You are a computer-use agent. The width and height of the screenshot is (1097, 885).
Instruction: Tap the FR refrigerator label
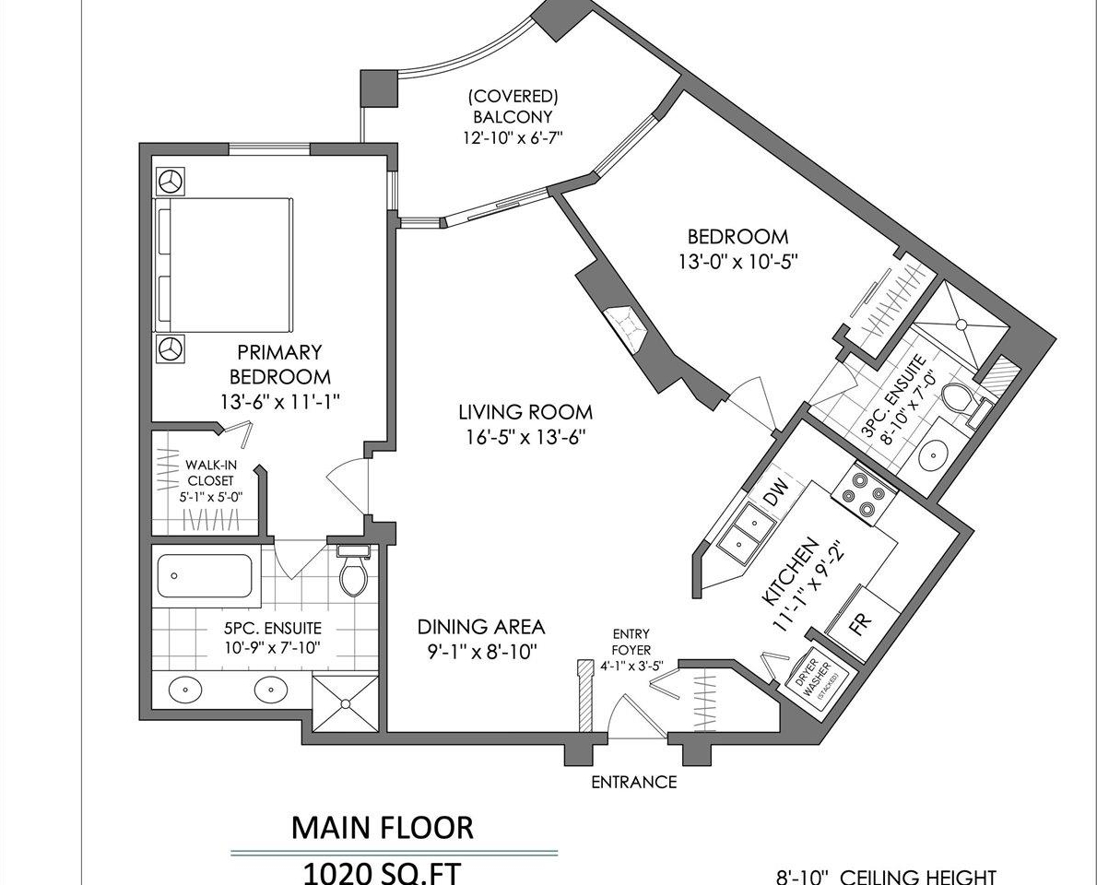click(x=860, y=622)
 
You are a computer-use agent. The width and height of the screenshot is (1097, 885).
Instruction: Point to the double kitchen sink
click(x=744, y=532)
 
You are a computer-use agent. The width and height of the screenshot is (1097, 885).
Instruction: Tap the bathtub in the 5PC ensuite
click(x=205, y=576)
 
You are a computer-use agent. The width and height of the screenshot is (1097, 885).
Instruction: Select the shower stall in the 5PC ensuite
click(x=345, y=703)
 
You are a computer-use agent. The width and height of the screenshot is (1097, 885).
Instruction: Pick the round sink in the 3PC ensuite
click(x=932, y=454)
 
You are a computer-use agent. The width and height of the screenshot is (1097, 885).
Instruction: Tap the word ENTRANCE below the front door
click(x=634, y=782)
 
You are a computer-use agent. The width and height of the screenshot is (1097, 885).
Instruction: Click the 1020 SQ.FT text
click(x=382, y=873)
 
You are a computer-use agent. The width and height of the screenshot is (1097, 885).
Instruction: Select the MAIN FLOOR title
click(x=382, y=828)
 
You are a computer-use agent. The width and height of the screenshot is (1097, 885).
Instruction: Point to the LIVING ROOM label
click(x=525, y=411)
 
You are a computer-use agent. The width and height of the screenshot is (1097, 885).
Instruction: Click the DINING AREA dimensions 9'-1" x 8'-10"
click(x=481, y=652)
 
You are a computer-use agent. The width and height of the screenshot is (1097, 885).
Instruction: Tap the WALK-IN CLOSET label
click(x=209, y=473)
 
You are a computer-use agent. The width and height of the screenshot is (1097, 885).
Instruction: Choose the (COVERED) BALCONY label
click(x=513, y=106)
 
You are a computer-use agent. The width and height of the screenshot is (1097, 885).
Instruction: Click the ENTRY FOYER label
click(x=631, y=642)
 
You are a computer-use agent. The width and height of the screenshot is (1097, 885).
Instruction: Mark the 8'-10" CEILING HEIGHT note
click(x=886, y=877)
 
